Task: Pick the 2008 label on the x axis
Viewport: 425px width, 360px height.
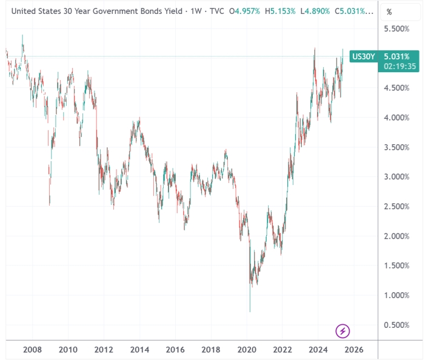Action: coord(32,349)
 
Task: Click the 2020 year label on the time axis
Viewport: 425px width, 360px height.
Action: coord(247,349)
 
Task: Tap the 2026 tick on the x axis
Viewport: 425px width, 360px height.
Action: coord(354,349)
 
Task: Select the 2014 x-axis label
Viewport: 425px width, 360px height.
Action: coord(139,349)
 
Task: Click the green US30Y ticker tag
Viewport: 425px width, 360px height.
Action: coord(364,56)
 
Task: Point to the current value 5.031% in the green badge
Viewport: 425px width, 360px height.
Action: coord(398,56)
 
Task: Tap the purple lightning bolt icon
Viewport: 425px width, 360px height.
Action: coord(343,331)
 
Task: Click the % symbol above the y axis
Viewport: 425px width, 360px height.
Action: coord(389,12)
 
